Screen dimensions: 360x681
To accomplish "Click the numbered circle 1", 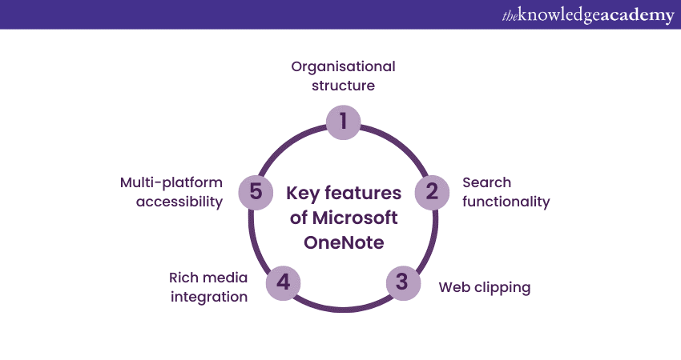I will click(344, 121).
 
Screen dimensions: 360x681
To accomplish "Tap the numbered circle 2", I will click(431, 192).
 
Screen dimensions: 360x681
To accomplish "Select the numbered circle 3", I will click(402, 282).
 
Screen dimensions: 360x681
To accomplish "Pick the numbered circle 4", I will click(283, 282).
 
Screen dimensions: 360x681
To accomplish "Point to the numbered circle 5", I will click(256, 192).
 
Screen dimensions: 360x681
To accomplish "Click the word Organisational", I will click(343, 66).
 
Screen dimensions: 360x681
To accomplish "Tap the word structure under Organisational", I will click(343, 85).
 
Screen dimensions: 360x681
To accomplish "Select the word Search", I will click(486, 182).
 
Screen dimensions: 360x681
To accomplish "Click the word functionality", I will click(506, 202).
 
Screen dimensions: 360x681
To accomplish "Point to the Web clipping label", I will click(484, 287).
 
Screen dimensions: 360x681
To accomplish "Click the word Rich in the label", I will click(185, 278).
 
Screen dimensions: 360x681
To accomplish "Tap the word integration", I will click(208, 297).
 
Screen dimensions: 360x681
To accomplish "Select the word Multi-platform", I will click(171, 182).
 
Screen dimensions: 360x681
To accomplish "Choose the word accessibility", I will click(179, 202).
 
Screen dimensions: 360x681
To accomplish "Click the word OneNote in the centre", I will click(343, 242).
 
